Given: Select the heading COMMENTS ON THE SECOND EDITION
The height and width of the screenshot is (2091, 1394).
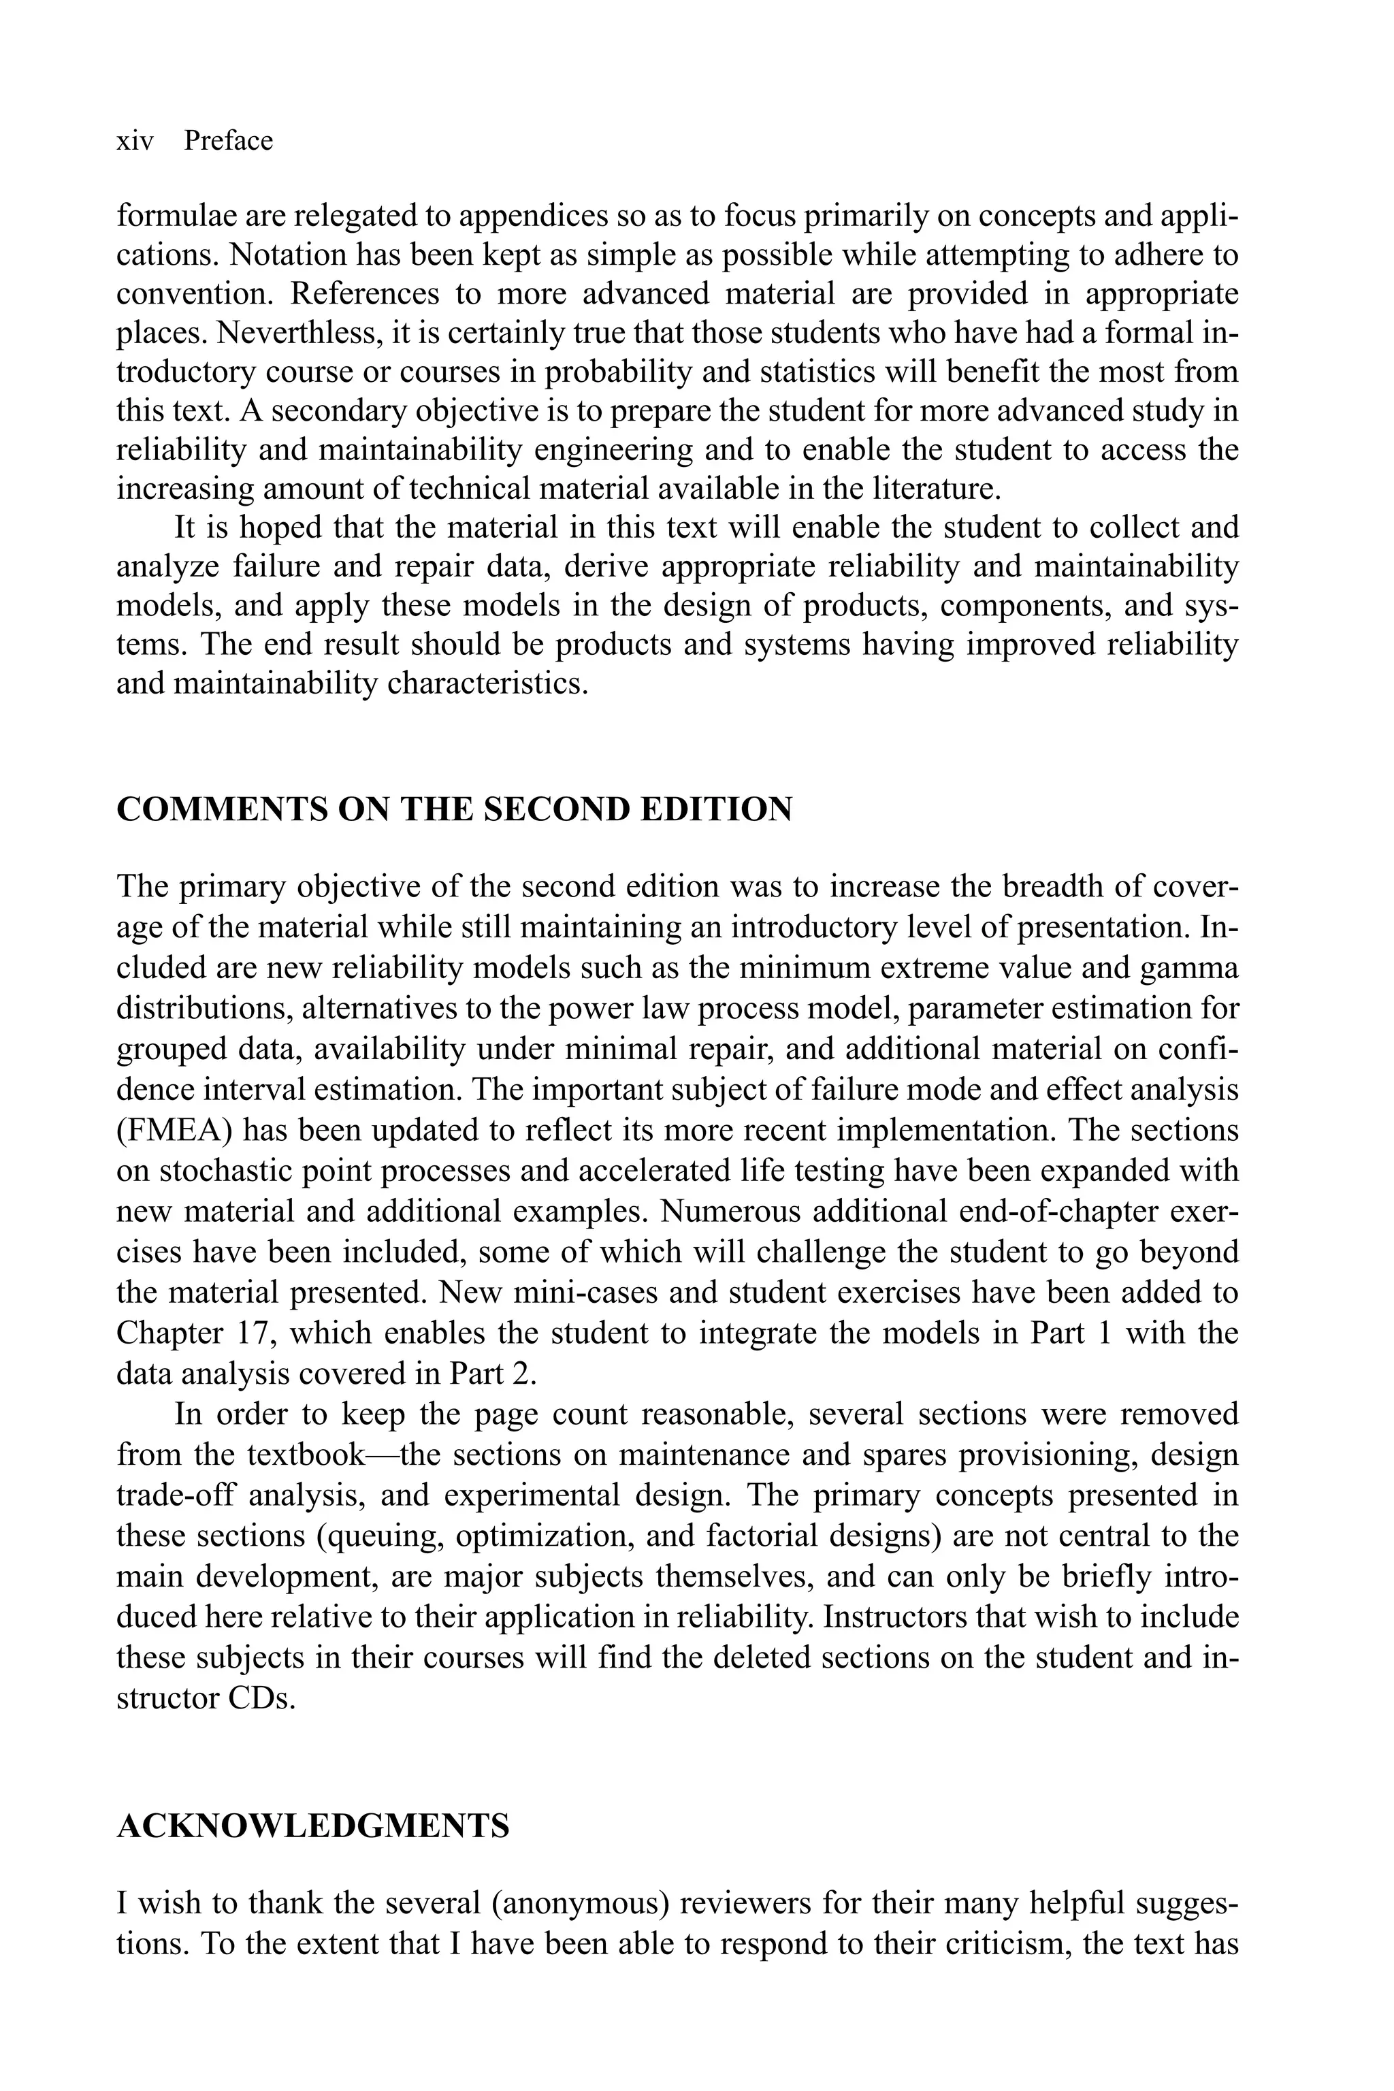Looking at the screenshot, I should (x=454, y=810).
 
